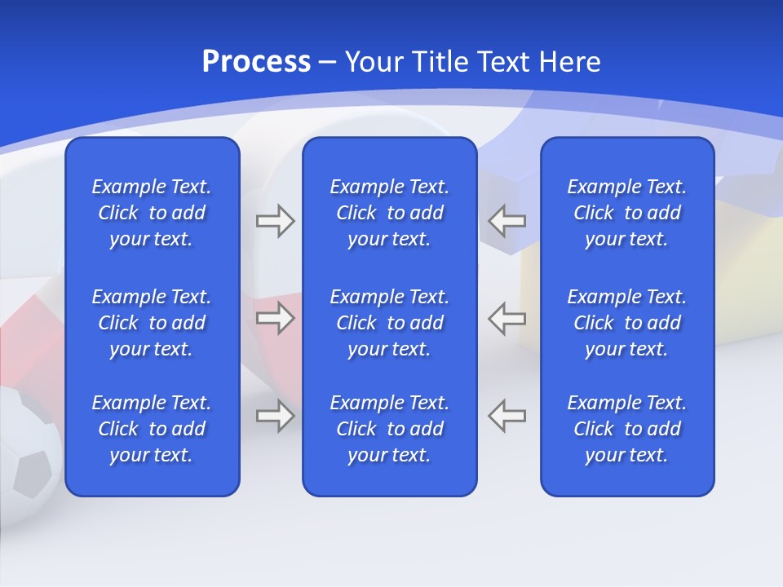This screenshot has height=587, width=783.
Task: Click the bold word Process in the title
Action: click(x=256, y=62)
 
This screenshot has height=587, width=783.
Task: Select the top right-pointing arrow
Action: click(x=275, y=220)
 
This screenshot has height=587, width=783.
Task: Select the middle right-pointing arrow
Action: click(x=275, y=318)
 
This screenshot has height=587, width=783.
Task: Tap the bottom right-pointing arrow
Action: click(x=275, y=416)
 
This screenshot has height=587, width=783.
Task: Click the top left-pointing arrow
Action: click(x=507, y=220)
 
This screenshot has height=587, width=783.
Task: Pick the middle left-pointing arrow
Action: click(x=507, y=318)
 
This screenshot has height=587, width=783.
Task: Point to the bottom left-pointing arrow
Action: click(x=507, y=416)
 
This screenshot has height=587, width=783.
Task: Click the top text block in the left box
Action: click(x=152, y=213)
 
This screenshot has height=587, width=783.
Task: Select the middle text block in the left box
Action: click(x=152, y=323)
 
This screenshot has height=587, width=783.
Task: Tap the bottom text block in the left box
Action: click(x=152, y=429)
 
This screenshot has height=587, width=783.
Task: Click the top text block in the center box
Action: click(x=390, y=213)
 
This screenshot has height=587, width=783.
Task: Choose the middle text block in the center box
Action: click(x=390, y=323)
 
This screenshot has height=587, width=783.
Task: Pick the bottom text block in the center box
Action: click(x=390, y=429)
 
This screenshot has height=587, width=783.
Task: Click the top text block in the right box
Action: click(x=627, y=213)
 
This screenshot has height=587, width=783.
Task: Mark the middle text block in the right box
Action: click(x=627, y=323)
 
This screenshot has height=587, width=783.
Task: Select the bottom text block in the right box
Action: click(x=627, y=429)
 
